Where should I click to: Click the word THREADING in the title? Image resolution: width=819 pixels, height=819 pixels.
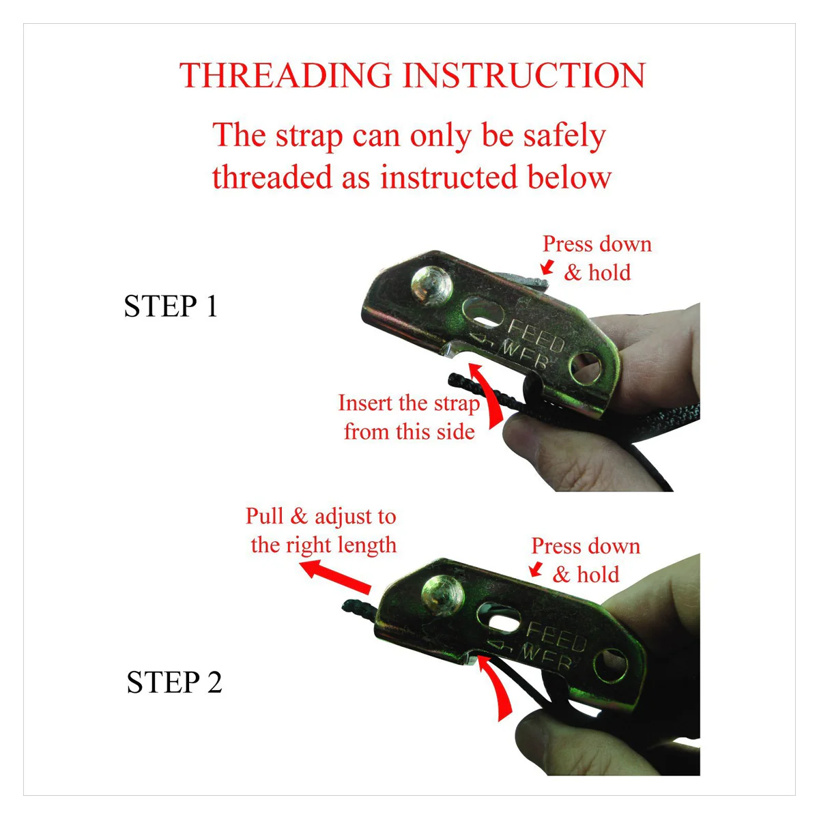coord(285,75)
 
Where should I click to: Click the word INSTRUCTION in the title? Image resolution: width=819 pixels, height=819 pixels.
coord(524,75)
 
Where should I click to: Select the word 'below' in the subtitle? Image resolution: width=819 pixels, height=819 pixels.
coord(569,177)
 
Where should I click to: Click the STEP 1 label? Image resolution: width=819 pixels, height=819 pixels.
coord(171,306)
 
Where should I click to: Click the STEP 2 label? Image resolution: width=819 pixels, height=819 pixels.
coord(174,682)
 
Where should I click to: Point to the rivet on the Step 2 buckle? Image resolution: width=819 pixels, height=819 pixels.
coord(442,596)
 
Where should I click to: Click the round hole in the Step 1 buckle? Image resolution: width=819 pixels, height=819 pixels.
coord(585,368)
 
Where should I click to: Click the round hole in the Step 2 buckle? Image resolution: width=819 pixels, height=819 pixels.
coord(611,666)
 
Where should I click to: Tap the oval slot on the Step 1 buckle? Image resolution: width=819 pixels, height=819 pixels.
coord(483,313)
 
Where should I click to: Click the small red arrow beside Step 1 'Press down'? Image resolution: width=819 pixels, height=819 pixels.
coord(547,267)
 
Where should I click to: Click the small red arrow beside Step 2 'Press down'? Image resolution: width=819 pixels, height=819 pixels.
coord(536,569)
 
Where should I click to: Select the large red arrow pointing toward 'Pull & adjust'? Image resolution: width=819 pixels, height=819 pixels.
coord(335,576)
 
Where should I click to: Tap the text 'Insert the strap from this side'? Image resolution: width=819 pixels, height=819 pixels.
coord(409,418)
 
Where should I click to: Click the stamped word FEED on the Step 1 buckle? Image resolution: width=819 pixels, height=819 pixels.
coord(536,336)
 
